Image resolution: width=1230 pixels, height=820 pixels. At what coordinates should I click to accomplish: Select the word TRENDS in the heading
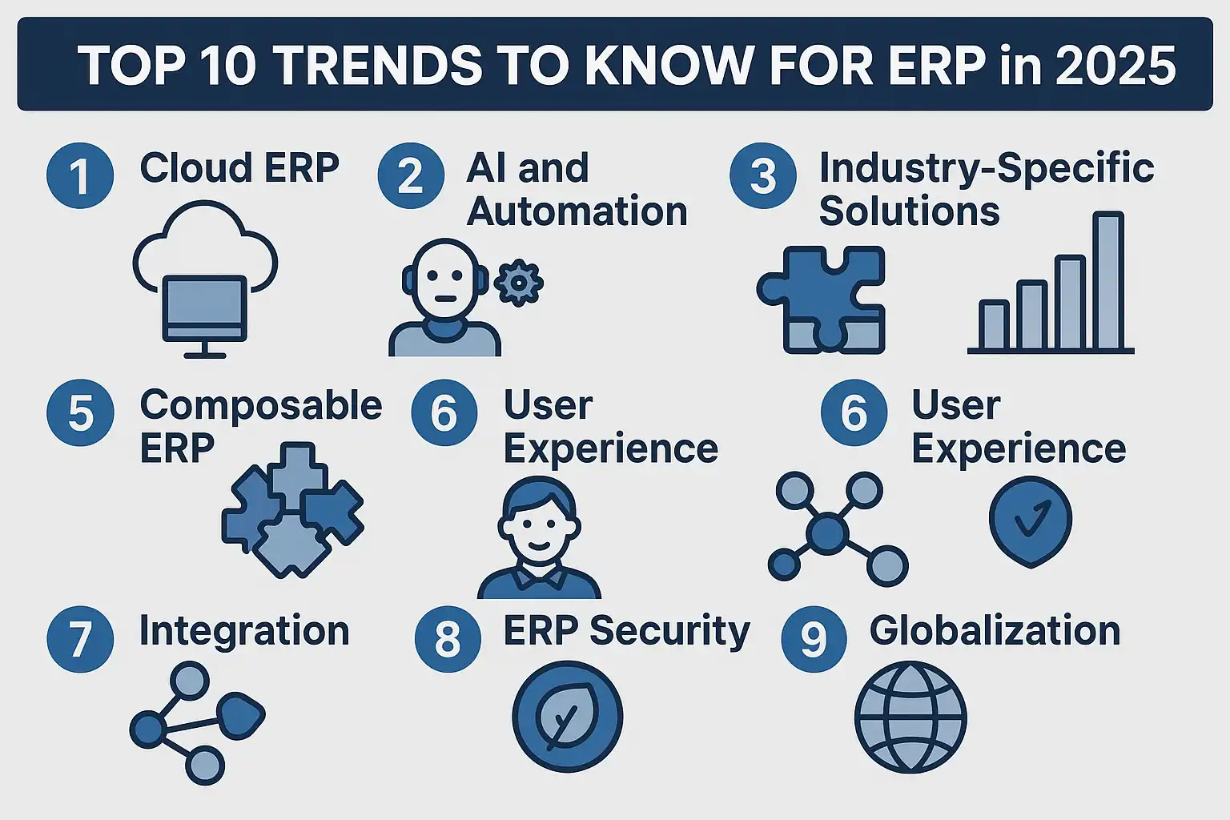[378, 66]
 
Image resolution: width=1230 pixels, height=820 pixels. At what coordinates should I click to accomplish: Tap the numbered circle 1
[80, 175]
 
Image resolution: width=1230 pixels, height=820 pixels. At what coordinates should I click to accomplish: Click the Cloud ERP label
[239, 167]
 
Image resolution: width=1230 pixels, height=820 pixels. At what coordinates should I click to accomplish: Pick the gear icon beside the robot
[518, 283]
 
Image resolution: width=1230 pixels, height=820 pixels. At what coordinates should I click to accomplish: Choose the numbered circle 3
[763, 175]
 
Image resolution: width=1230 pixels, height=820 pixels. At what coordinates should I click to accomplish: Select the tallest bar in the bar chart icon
[1108, 280]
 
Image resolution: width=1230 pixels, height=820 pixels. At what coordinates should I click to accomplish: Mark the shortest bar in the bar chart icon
[995, 324]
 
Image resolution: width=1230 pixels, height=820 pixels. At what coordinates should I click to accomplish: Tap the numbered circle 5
[80, 412]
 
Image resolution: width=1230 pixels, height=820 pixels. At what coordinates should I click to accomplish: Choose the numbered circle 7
[80, 639]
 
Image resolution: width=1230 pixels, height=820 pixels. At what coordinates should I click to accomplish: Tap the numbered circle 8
[448, 639]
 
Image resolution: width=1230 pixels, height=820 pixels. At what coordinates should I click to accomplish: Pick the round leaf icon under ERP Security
[567, 717]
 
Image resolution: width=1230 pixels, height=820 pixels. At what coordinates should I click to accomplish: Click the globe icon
[910, 717]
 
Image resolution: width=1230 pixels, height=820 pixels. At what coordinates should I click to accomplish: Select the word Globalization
[995, 630]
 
